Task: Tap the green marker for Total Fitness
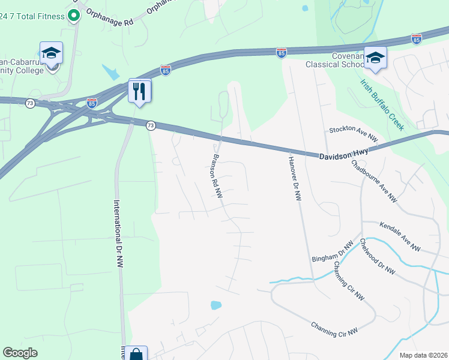74,15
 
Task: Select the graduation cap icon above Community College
51,54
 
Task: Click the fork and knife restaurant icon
139,91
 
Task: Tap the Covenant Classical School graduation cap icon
375,58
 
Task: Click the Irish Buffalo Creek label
382,104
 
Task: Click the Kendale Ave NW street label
400,236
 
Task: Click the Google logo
20,353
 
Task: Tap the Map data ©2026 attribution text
423,355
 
